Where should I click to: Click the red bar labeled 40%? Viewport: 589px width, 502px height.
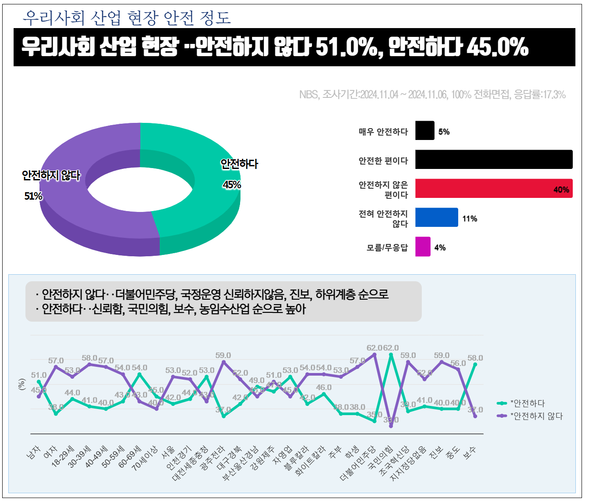493,189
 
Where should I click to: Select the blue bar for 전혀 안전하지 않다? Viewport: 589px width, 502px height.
436,218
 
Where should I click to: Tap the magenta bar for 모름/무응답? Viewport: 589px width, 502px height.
423,247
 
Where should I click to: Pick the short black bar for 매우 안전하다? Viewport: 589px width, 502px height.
424,131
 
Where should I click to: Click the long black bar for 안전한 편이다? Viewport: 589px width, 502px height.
493,160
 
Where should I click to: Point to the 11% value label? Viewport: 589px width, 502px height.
470,219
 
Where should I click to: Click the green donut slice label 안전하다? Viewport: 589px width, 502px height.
239,164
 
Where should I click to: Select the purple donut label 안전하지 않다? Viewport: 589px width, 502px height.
51,176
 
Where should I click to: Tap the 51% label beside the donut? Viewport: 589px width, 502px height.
33,196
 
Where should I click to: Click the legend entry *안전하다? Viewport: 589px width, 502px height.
527,403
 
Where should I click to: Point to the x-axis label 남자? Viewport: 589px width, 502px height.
34,452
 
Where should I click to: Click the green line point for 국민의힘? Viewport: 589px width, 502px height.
391,355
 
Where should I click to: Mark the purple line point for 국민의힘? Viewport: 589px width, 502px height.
391,426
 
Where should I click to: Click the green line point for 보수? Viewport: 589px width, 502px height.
475,365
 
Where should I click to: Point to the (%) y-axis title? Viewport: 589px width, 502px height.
22,384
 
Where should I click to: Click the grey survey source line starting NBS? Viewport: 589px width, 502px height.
432,94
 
